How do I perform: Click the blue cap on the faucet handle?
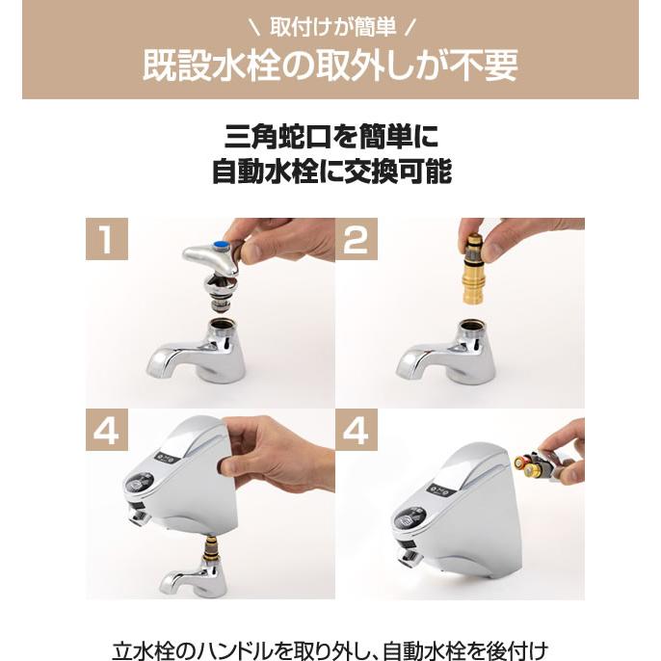click(224, 248)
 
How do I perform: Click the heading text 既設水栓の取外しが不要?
click(330, 66)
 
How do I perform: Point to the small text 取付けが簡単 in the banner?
click(330, 22)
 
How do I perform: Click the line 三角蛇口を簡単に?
click(330, 134)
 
